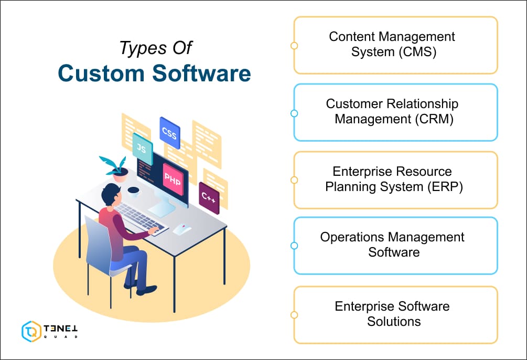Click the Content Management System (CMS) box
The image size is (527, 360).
coord(394,45)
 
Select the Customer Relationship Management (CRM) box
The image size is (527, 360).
coord(394,112)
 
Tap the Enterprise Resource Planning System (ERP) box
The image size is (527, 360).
coord(394,179)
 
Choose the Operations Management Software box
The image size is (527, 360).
coord(394,245)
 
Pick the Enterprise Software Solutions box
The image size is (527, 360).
coord(394,314)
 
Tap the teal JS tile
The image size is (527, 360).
coord(142,149)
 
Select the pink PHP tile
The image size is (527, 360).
coord(173,179)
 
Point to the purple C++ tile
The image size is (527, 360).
coord(209,198)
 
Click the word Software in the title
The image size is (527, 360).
coord(202,74)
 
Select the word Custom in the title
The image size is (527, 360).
coord(102,74)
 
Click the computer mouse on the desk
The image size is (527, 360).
coord(181,228)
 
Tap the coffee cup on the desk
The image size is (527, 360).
coord(133,192)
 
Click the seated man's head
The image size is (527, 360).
coord(111,195)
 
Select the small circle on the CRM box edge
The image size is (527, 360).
coord(294,113)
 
